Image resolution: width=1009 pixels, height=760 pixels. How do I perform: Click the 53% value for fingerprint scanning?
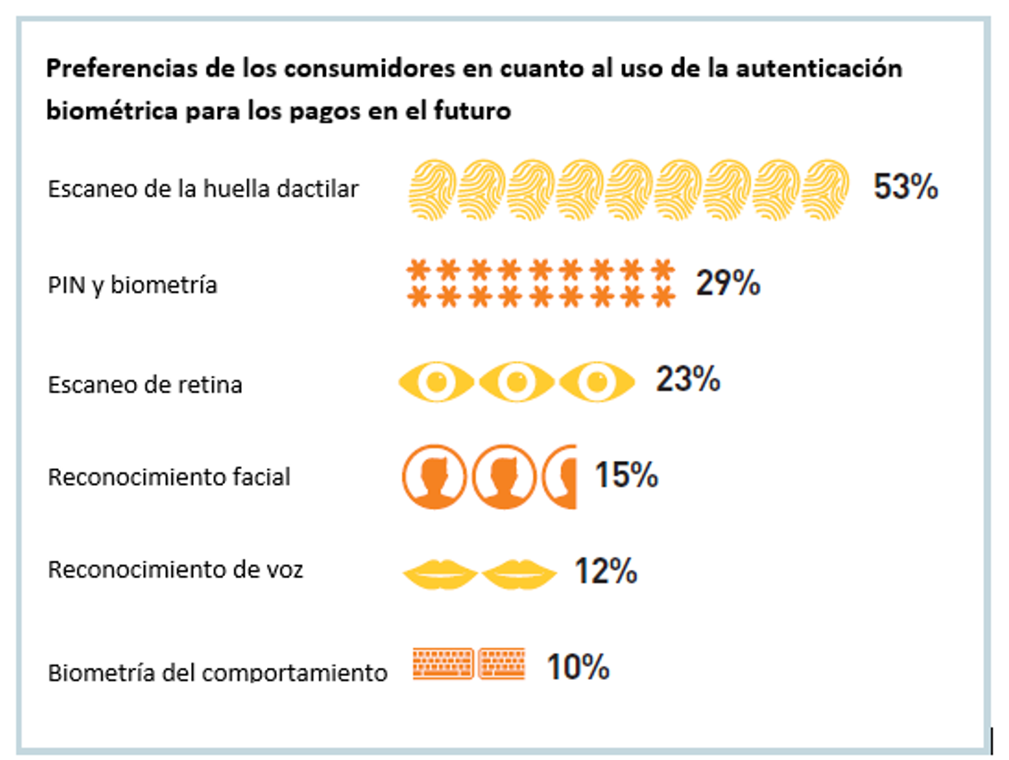(905, 188)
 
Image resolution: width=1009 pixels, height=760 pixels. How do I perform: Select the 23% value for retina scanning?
(688, 380)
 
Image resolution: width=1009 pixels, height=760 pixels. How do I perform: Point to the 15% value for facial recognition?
(626, 475)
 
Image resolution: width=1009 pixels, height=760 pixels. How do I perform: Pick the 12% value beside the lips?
(605, 571)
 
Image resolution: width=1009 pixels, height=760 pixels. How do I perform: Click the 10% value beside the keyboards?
(578, 666)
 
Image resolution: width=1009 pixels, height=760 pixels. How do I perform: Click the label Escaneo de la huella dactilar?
(203, 189)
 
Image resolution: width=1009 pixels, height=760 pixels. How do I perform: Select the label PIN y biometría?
(132, 285)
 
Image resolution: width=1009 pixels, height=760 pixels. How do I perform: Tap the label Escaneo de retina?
(145, 385)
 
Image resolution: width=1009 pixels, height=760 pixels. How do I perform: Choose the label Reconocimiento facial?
(169, 477)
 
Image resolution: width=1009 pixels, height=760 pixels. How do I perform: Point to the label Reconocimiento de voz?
(175, 570)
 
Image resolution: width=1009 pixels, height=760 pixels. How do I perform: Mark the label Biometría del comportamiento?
(217, 672)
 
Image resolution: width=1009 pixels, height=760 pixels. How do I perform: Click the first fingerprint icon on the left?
(432, 190)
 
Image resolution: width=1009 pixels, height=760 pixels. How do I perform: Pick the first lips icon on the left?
(440, 572)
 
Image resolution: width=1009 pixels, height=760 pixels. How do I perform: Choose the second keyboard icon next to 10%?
(501, 664)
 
